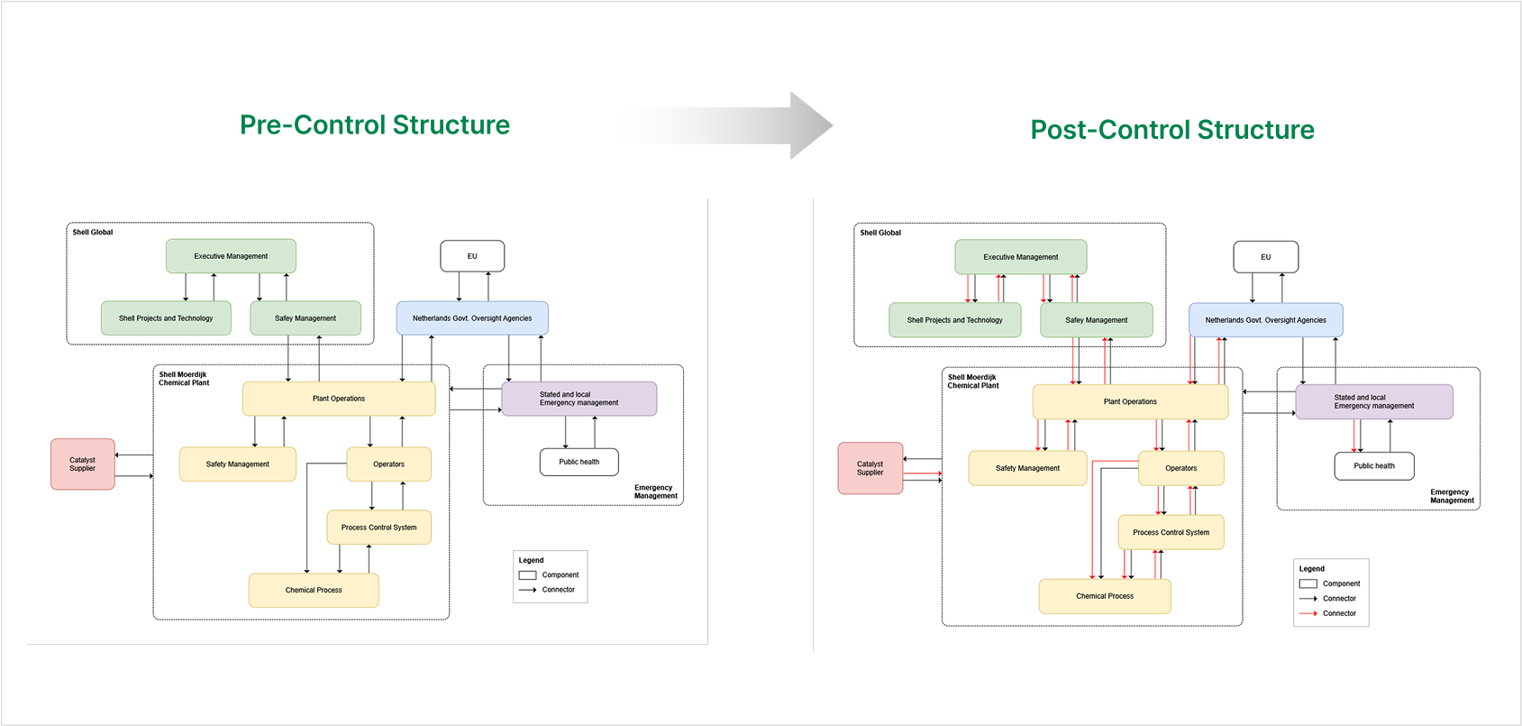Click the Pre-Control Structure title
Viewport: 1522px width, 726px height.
[x=375, y=124]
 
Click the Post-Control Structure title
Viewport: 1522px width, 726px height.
[x=1172, y=130]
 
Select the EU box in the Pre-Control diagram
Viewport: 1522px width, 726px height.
[x=472, y=256]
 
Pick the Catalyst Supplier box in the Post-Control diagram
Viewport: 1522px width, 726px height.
[x=870, y=468]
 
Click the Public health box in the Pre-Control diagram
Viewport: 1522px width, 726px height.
[x=579, y=462]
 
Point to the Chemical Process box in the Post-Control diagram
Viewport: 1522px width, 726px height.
[x=1105, y=596]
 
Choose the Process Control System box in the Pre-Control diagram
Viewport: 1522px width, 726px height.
[x=378, y=528]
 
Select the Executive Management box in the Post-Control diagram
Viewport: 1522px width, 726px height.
[x=1020, y=257]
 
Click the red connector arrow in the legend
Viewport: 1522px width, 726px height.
[x=1308, y=613]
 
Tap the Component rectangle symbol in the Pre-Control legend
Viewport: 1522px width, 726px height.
[x=528, y=574]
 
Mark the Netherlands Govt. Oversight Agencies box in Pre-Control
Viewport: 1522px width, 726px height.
[x=472, y=318]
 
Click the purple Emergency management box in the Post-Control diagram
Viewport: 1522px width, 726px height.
[x=1373, y=402]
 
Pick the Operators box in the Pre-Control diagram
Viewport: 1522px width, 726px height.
[x=388, y=464]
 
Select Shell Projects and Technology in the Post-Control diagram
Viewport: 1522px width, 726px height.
[x=954, y=320]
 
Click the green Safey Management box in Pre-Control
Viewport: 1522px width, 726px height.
[x=305, y=318]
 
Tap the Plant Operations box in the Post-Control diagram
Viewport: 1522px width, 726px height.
[x=1130, y=402]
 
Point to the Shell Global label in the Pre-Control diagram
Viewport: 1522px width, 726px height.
[x=93, y=233]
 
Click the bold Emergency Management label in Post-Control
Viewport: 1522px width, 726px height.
[x=1452, y=496]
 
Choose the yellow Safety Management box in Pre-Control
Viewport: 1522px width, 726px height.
[x=237, y=464]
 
